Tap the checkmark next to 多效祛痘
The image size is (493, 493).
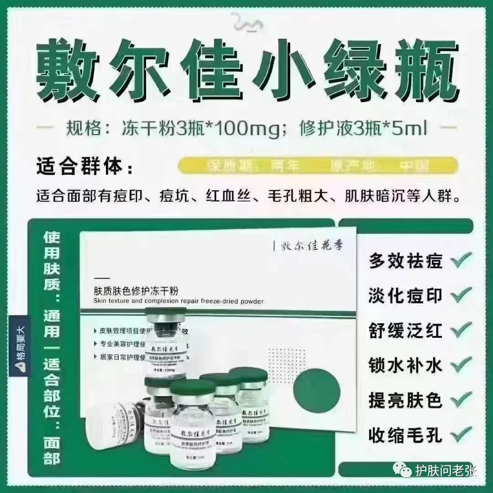click(x=461, y=261)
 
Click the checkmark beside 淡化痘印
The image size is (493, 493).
click(x=461, y=295)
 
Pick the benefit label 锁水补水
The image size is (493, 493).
click(x=405, y=365)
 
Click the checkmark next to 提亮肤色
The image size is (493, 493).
click(x=461, y=400)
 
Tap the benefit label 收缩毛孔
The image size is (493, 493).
click(x=405, y=435)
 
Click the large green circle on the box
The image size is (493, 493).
click(x=316, y=390)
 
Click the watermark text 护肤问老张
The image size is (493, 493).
click(x=445, y=471)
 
